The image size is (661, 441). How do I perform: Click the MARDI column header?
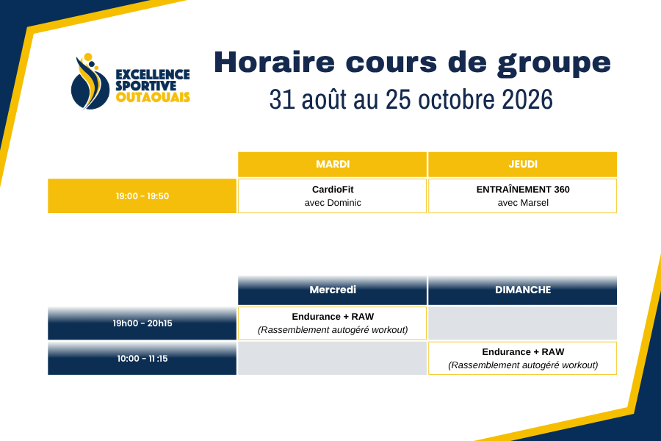tap(333, 164)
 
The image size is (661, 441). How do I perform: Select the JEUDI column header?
tap(523, 164)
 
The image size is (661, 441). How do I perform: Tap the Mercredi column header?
tap(333, 290)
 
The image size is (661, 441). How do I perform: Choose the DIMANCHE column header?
tap(523, 290)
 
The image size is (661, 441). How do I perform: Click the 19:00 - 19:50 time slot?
tap(142, 196)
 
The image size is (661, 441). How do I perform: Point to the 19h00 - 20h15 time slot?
tap(142, 323)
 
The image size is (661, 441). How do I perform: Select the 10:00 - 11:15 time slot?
tap(142, 358)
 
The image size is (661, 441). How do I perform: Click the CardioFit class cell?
tap(333, 196)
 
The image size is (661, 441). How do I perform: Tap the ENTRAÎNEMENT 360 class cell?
tap(523, 196)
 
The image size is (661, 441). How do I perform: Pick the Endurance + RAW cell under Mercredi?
tap(333, 323)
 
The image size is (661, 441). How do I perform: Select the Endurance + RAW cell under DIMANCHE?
tap(523, 358)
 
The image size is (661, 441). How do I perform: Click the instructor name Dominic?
tap(344, 203)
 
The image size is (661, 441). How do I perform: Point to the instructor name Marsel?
tap(535, 203)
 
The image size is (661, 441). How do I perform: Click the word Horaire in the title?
tap(274, 62)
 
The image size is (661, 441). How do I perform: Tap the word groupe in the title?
tap(554, 64)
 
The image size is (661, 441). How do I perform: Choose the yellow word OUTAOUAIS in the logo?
tap(153, 98)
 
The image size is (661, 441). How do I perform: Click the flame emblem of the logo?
tap(89, 82)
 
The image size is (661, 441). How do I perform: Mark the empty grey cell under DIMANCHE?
tap(523, 323)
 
